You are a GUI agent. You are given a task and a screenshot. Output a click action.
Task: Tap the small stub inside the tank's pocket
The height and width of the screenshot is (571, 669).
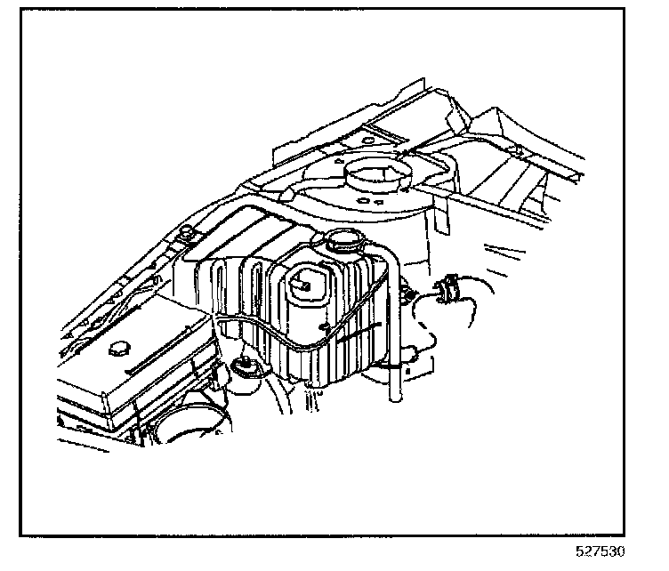pos(302,285)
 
